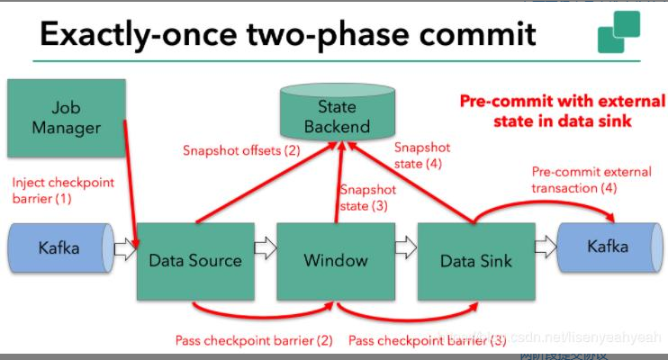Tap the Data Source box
click(195, 261)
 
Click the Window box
click(335, 261)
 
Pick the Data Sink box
click(475, 261)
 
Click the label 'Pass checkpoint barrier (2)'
click(253, 340)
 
